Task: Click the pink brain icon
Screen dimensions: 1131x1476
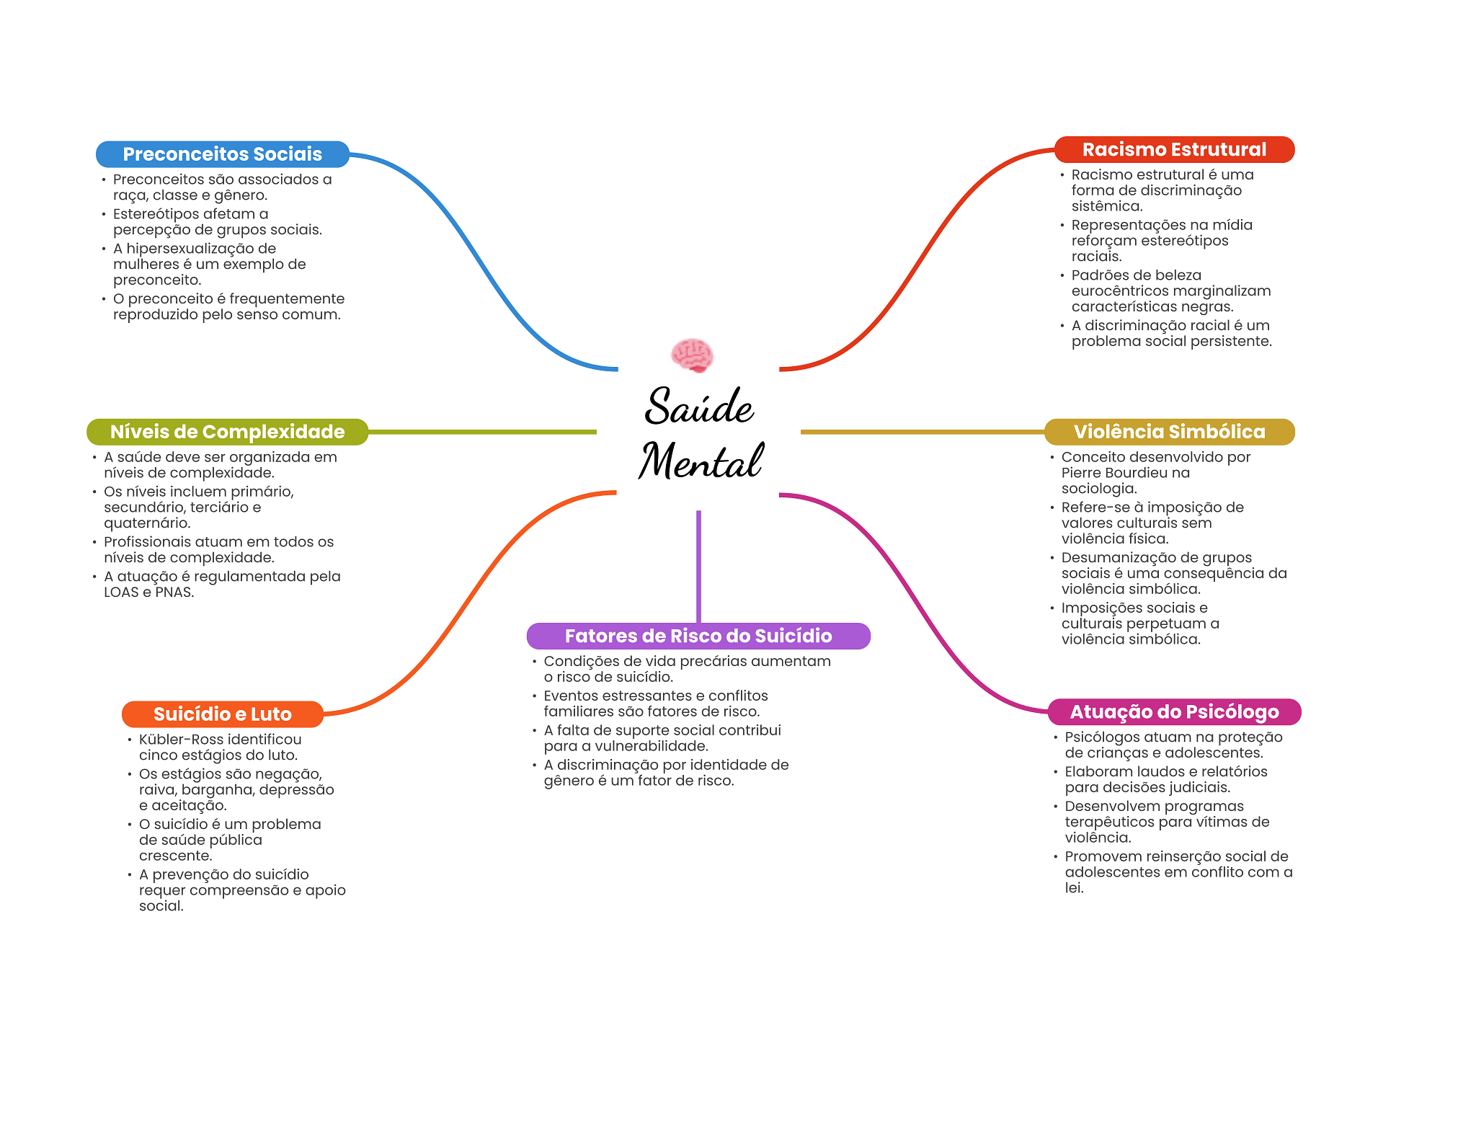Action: coord(692,355)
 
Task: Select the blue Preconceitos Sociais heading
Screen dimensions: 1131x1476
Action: coord(222,154)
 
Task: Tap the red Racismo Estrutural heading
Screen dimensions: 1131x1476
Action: coord(1174,149)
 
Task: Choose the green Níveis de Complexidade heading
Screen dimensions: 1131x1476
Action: coord(227,432)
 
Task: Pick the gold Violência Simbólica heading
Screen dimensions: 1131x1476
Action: coord(1169,432)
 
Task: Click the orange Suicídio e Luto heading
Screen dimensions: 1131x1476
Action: coord(222,714)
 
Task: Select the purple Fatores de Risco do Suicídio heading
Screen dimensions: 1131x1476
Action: coord(698,636)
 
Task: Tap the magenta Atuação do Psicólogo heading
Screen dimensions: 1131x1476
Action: coord(1174,711)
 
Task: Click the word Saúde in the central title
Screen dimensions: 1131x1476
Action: coord(699,407)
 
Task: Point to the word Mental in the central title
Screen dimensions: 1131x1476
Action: coord(701,461)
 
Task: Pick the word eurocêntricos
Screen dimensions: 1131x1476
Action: coord(1121,291)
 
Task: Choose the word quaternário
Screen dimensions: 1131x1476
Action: coord(146,523)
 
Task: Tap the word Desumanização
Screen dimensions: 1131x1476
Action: coord(1119,558)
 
